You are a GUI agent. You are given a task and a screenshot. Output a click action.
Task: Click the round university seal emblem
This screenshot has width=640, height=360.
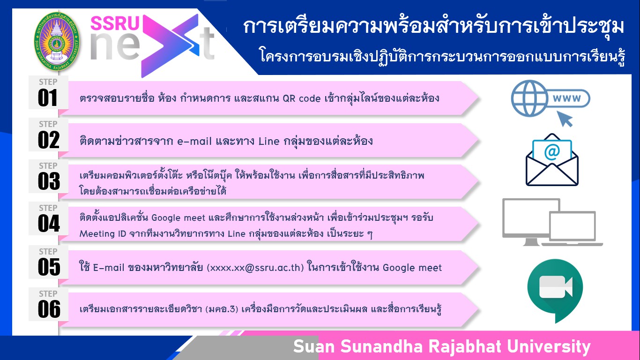(57, 41)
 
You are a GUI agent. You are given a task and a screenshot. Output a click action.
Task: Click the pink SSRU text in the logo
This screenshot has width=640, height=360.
(115, 23)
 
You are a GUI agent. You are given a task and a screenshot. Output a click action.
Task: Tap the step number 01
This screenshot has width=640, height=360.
(48, 98)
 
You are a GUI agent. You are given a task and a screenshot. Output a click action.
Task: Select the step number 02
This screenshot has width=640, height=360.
(48, 140)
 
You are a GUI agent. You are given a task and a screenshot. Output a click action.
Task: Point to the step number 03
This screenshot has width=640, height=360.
(49, 181)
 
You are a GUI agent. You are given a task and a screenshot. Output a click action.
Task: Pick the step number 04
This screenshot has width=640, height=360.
(49, 223)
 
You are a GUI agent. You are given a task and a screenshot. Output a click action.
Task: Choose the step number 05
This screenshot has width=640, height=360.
(49, 267)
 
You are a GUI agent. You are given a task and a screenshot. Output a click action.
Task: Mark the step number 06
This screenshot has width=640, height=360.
(49, 309)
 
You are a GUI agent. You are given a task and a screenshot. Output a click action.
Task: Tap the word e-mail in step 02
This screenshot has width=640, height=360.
(194, 141)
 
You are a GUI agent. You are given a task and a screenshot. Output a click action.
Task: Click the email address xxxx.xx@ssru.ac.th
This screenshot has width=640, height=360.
(255, 268)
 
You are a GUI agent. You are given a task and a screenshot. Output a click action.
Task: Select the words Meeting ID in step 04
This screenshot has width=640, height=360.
(103, 233)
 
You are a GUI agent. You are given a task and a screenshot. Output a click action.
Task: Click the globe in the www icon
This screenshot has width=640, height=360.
(529, 98)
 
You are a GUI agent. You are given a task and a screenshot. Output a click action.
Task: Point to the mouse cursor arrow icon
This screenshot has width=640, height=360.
(565, 119)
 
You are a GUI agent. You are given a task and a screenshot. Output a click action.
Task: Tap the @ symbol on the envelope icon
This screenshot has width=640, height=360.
(552, 152)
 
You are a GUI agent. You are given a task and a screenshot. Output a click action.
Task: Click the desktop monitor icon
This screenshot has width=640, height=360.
(531, 222)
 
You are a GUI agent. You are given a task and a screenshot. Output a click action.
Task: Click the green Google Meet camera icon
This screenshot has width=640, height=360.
(555, 291)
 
